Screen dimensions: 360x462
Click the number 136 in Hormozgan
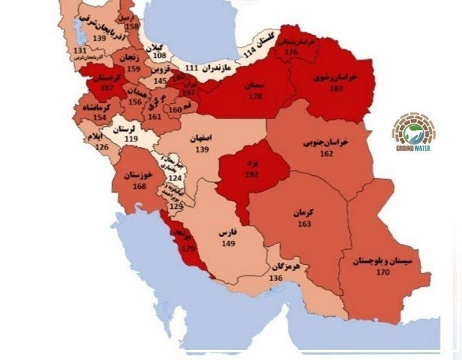click(x=275, y=277)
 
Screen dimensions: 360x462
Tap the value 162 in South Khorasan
click(x=326, y=154)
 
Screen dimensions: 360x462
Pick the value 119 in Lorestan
click(x=131, y=139)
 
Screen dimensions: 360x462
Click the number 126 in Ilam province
click(x=101, y=147)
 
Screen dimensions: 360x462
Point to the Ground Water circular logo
click(x=413, y=129)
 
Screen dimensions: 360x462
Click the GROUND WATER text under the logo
click(x=413, y=148)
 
